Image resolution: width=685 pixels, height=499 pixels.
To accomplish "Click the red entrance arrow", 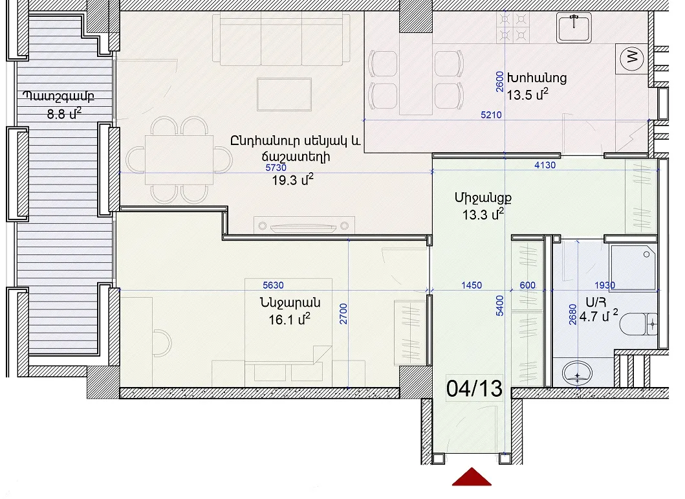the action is pos(472,478).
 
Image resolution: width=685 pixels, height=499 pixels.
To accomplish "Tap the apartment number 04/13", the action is pos(474,388).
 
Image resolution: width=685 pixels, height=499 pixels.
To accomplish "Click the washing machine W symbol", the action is pos(632,57).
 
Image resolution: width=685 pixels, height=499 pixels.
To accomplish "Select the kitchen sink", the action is pos(574,27).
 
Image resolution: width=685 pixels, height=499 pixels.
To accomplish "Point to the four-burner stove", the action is pos(513,27).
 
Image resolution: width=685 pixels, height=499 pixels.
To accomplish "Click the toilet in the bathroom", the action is pos(638,324).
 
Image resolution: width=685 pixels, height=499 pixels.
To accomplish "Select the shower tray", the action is pos(633,267).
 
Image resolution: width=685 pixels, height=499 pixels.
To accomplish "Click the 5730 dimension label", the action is pos(276,168).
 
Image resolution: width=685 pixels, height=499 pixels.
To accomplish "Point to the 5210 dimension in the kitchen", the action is pos(491,115).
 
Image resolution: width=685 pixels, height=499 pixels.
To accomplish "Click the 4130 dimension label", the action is pos(545,165).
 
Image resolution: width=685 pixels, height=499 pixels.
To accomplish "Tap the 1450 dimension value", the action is pos(472,285).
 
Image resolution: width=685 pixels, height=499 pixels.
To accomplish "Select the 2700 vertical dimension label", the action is pos(343,314).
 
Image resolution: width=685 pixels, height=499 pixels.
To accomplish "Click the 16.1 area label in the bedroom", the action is pos(289,320).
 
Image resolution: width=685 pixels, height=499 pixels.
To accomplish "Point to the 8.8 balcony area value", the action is pos(64,114).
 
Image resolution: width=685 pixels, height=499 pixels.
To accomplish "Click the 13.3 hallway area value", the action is pos(483,214).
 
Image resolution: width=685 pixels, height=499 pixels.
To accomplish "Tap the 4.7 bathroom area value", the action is pos(598,316).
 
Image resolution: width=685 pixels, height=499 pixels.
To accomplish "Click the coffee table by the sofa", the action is pos(284,94).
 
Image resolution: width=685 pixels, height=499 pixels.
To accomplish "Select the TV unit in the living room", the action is pos(304,225).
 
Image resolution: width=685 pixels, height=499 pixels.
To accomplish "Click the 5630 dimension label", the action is pos(273,285).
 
